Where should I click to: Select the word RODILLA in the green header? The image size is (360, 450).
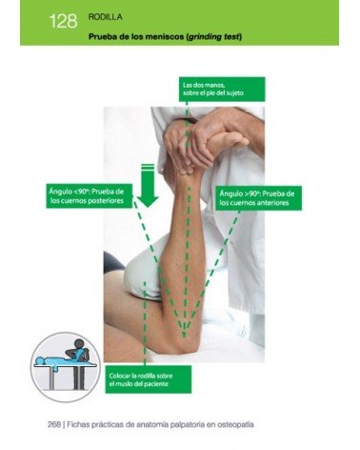(104, 16)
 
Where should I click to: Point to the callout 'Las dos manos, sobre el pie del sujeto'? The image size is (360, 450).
(222, 89)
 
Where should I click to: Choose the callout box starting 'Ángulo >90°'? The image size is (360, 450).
(255, 197)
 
